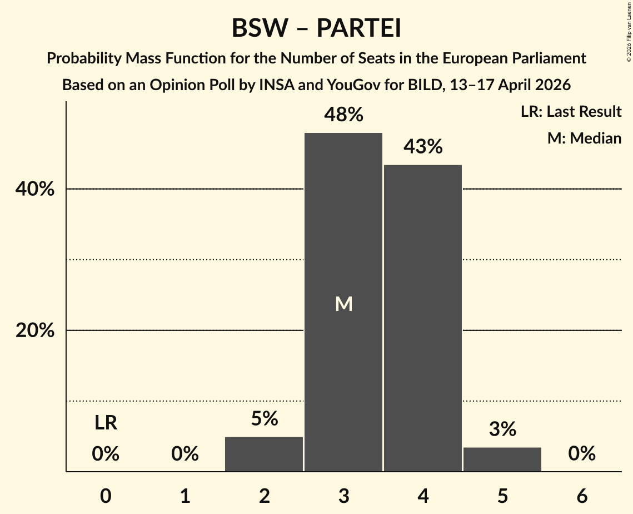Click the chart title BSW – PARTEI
(316, 28)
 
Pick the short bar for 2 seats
(264, 454)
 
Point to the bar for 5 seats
(502, 459)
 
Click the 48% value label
(343, 115)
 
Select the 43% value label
(423, 147)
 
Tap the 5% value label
(264, 419)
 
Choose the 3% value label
(502, 429)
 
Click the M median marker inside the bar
(343, 304)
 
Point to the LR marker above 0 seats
(106, 423)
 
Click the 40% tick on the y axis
(34, 189)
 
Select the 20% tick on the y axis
(34, 330)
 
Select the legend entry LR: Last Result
(571, 112)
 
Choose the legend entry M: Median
(584, 138)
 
